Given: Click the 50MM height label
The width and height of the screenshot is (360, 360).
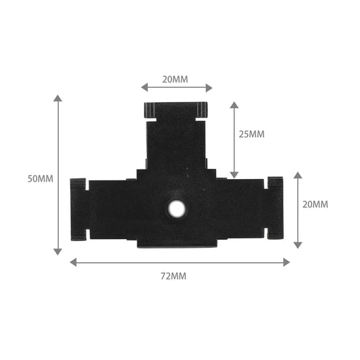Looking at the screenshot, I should [40, 179].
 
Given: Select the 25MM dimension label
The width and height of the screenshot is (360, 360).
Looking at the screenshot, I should [252, 134].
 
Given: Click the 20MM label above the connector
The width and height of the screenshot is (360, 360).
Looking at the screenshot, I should [176, 79].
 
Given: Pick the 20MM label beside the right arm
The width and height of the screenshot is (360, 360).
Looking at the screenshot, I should [315, 204].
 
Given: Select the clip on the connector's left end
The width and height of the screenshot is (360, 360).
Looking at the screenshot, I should [78, 209].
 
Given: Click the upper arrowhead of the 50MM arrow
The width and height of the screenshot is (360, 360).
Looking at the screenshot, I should [58, 99].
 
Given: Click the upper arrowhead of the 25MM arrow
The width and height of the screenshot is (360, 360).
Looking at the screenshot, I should [234, 106].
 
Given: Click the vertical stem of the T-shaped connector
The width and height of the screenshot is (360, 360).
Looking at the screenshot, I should [176, 142].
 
